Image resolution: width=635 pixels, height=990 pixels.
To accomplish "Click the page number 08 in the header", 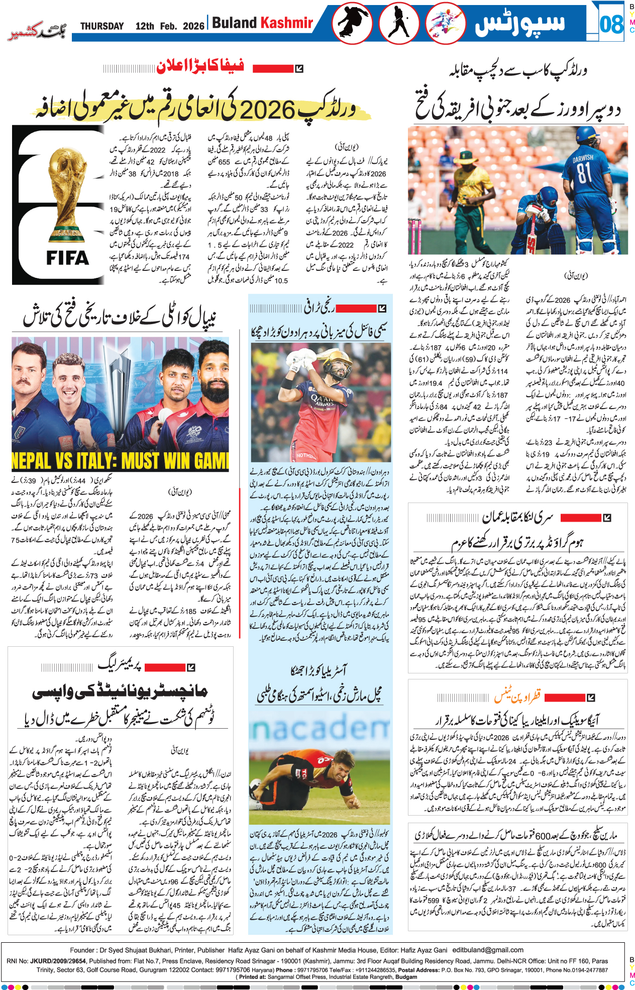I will (x=611, y=24).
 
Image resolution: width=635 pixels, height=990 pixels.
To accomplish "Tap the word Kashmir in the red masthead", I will (x=287, y=23).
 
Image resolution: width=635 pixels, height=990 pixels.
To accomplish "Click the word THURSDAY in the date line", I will (x=102, y=26).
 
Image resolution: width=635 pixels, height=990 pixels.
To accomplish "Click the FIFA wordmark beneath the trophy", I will (x=67, y=258).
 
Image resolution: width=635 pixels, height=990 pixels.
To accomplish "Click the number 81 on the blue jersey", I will (x=584, y=172).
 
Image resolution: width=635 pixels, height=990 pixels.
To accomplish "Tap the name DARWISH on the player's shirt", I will (x=583, y=158).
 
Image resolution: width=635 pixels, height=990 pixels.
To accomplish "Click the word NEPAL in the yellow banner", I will (x=33, y=461).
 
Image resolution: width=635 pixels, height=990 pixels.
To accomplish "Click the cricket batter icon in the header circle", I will (x=399, y=23).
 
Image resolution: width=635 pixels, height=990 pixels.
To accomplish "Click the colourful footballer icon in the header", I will (x=445, y=23).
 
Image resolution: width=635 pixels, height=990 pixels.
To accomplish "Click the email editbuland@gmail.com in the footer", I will (x=488, y=950).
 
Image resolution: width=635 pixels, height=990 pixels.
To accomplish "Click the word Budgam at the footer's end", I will (x=406, y=977).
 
